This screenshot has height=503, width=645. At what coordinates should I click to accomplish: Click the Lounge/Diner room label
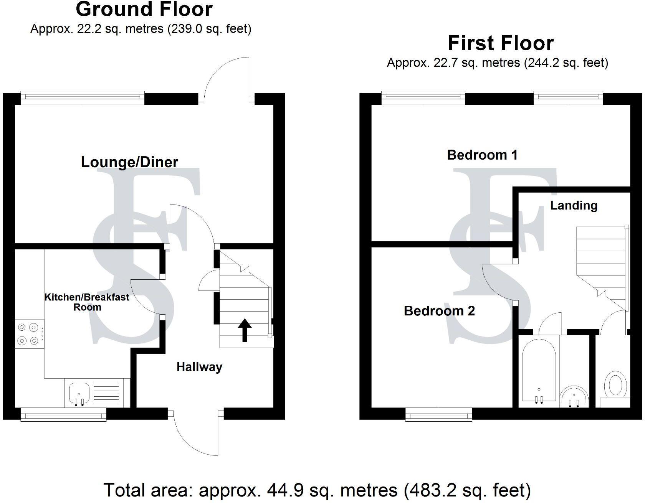point(129,162)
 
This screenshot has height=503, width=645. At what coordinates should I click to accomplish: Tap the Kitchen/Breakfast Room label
point(87,302)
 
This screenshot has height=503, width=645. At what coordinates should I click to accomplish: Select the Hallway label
point(199,367)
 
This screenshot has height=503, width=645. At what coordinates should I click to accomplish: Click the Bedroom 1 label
point(482,155)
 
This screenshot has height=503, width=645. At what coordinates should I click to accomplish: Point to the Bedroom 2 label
point(439,311)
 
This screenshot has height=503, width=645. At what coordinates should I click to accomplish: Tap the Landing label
point(574,206)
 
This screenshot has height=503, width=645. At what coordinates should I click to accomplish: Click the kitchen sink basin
point(79,393)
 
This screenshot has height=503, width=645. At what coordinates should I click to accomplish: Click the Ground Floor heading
point(144,9)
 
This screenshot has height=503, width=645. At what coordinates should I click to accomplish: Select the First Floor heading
point(501,43)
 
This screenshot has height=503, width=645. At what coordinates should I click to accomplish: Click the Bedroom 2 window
point(439,414)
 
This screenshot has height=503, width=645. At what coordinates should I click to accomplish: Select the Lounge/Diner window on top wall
point(83,98)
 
